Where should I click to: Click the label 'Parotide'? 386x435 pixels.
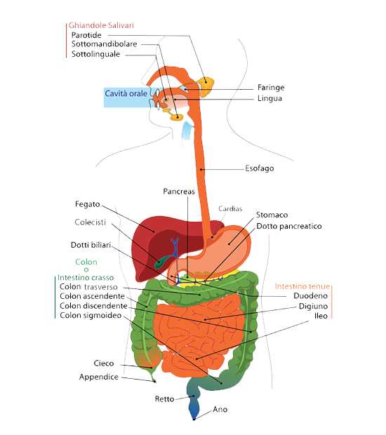click(86, 35)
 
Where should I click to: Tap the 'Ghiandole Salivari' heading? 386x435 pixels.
click(101, 25)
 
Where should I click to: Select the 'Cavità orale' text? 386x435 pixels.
click(126, 93)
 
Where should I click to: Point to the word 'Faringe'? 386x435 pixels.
click(271, 88)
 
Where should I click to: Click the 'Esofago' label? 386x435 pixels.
click(260, 168)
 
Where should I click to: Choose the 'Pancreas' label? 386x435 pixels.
click(179, 192)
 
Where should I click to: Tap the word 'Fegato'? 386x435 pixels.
click(88, 204)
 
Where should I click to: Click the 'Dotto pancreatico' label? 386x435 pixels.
click(289, 227)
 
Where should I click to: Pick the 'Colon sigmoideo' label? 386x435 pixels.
click(91, 316)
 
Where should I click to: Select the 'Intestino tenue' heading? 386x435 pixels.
click(302, 286)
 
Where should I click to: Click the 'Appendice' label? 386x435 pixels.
click(99, 377)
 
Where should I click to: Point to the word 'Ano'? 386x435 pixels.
click(220, 410)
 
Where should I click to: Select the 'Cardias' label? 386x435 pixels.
click(230, 209)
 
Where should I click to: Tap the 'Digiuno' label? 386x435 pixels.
click(313, 307)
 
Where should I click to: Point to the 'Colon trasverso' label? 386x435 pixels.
click(88, 287)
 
